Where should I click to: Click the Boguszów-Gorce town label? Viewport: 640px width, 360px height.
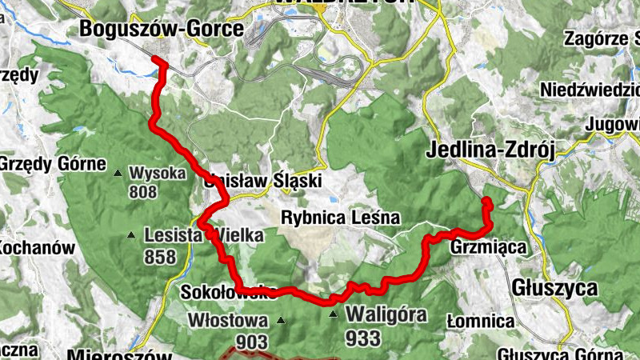click(161, 30)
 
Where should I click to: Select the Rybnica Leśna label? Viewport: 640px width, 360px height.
click(339, 218)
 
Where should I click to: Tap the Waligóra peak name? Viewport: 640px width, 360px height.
click(386, 314)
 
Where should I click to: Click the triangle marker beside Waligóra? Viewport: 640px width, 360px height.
click(334, 314)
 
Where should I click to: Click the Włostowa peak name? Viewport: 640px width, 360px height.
click(226, 320)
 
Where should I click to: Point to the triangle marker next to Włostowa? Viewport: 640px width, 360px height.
click(281, 321)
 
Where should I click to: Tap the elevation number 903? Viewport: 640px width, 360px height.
click(251, 342)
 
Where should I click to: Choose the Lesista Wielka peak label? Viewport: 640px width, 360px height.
click(203, 235)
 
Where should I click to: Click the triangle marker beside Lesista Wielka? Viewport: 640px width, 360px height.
click(131, 235)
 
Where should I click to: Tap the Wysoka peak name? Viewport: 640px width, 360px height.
click(158, 172)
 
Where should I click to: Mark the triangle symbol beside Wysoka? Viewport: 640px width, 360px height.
click(118, 173)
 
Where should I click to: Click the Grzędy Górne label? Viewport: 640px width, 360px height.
click(53, 165)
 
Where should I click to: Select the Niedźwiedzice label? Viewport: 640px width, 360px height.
click(590, 89)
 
